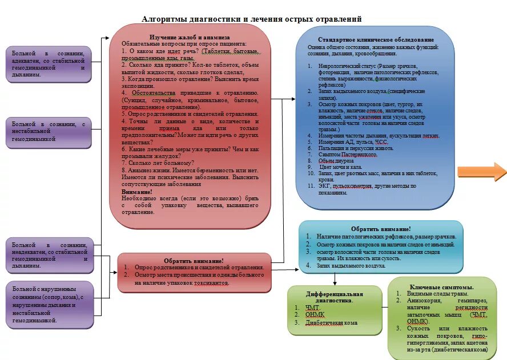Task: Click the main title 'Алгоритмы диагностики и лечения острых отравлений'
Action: pyautogui.click(x=252, y=19)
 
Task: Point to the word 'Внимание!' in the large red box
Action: pyautogui.click(x=136, y=192)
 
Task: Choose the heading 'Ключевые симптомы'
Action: pyautogui.click(x=441, y=286)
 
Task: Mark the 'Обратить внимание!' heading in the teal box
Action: pyautogui.click(x=381, y=228)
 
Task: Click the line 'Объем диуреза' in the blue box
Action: pyautogui.click(x=336, y=161)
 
